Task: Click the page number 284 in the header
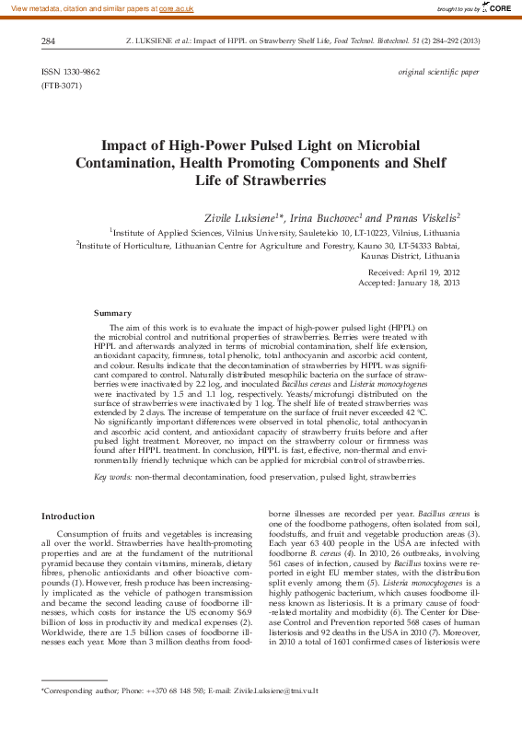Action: [50, 41]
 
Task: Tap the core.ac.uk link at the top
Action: [177, 7]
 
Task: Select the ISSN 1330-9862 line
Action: [71, 71]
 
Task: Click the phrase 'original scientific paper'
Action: [438, 71]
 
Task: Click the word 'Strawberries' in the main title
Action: [287, 181]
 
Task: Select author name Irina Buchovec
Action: [321, 217]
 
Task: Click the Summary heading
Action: [113, 314]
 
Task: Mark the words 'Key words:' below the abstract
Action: [113, 478]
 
